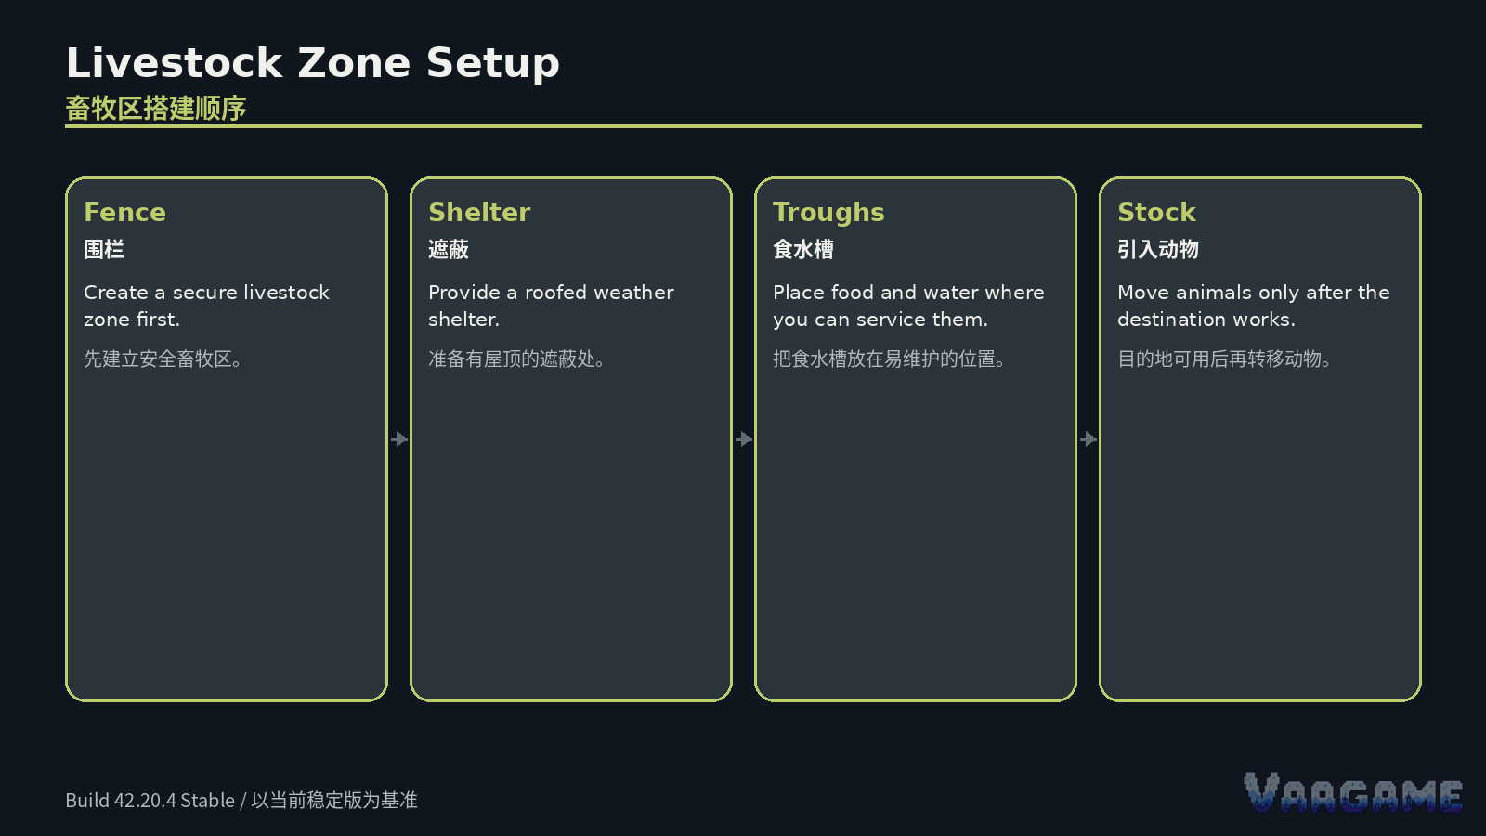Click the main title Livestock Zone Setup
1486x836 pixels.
tap(312, 64)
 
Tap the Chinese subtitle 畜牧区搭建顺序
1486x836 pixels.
tap(156, 108)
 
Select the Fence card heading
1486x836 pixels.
tap(124, 213)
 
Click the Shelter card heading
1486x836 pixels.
tap(479, 213)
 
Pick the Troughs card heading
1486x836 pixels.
tap(828, 213)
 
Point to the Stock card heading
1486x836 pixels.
tap(1156, 213)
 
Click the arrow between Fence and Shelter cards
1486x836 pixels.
tap(398, 439)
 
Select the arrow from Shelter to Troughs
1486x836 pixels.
tap(744, 439)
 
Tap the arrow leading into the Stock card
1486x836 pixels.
tap(1088, 439)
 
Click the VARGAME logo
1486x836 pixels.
tap(1353, 792)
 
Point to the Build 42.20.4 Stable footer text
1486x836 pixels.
tap(150, 800)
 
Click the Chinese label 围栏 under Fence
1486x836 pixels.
tap(104, 250)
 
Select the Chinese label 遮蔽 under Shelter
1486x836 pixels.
tap(449, 250)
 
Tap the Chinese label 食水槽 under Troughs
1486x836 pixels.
tap(803, 250)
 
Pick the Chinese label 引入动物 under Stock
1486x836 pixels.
tap(1158, 250)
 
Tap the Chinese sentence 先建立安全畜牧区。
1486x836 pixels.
tap(163, 359)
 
